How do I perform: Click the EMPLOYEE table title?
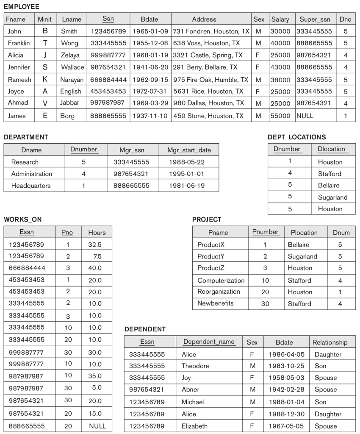(21, 7)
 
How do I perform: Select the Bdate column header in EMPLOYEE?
(150, 19)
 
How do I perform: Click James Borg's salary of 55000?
(280, 116)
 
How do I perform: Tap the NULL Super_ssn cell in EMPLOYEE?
(305, 116)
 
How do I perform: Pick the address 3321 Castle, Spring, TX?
(208, 55)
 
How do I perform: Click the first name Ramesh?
(17, 79)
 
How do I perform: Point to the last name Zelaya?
(69, 55)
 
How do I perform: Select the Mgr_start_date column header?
(188, 150)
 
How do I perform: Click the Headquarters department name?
(30, 186)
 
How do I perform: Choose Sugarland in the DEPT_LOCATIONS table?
(332, 197)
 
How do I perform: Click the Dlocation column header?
(331, 149)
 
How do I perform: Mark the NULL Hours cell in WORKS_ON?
(97, 426)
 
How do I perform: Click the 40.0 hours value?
(95, 268)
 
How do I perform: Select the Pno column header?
(67, 232)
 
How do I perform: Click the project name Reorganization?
(219, 292)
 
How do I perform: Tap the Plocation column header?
(304, 232)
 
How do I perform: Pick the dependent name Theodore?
(195, 366)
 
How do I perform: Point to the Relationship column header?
(330, 342)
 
